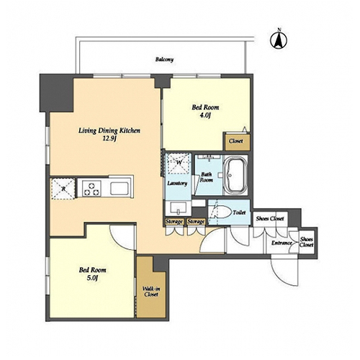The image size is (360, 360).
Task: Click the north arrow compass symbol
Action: tap(279, 40)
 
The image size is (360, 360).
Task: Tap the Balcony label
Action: tap(164, 59)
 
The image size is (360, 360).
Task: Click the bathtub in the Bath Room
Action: tap(235, 175)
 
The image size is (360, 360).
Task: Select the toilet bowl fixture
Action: tap(220, 212)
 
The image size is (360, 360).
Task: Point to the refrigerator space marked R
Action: tap(63, 189)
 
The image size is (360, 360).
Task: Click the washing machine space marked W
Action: tap(179, 163)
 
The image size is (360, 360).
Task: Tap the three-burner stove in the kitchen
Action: tap(91, 189)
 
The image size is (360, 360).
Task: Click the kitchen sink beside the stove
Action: tap(120, 189)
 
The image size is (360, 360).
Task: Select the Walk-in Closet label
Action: tap(151, 292)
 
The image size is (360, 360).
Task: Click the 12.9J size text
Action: tap(109, 139)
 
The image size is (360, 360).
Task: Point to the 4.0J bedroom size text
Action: tap(205, 115)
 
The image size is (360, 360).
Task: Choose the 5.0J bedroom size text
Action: tap(92, 278)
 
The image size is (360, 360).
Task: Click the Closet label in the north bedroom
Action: tap(235, 141)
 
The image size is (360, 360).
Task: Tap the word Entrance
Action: tap(282, 243)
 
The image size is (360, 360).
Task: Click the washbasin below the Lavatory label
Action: tap(178, 208)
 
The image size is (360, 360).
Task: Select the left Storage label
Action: tap(174, 222)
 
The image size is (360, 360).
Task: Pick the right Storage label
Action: tap(196, 222)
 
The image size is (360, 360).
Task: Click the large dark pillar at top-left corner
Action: tap(57, 93)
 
